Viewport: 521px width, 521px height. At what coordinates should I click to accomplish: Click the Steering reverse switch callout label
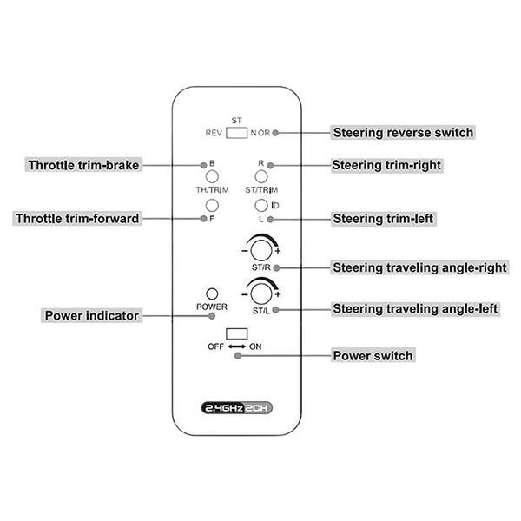pyautogui.click(x=403, y=133)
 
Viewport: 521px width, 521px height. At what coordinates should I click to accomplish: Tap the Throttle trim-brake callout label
pyautogui.click(x=83, y=165)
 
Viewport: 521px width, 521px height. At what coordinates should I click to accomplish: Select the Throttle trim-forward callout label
pyautogui.click(x=77, y=218)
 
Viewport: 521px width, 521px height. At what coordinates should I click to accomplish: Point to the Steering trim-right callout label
pyautogui.click(x=386, y=165)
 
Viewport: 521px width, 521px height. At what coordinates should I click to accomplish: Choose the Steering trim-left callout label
pyautogui.click(x=384, y=219)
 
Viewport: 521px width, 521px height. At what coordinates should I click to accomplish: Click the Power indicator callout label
pyautogui.click(x=92, y=315)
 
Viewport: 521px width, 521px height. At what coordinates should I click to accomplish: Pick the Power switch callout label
pyautogui.click(x=373, y=355)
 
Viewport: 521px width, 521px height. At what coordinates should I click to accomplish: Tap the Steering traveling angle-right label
pyautogui.click(x=419, y=267)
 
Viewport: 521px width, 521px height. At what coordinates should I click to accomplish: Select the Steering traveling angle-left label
pyautogui.click(x=415, y=308)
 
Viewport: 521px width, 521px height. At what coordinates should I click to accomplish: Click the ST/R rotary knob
pyautogui.click(x=261, y=250)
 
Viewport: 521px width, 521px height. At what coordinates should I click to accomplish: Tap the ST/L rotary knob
pyautogui.click(x=261, y=293)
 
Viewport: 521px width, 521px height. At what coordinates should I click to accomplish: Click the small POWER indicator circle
pyautogui.click(x=212, y=293)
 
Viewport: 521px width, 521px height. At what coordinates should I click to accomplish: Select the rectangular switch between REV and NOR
pyautogui.click(x=236, y=133)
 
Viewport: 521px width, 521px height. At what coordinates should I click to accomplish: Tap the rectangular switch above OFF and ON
pyautogui.click(x=236, y=333)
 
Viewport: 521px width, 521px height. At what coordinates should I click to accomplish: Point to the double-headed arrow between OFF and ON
pyautogui.click(x=236, y=346)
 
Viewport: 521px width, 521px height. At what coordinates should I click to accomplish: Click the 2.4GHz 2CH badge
pyautogui.click(x=236, y=408)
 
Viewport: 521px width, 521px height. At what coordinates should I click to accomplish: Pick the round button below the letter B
pyautogui.click(x=212, y=176)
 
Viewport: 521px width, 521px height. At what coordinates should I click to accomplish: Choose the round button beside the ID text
pyautogui.click(x=261, y=205)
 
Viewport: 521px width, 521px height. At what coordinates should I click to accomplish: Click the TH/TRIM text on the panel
pyautogui.click(x=213, y=189)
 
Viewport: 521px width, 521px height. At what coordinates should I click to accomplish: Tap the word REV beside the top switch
pyautogui.click(x=214, y=133)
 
